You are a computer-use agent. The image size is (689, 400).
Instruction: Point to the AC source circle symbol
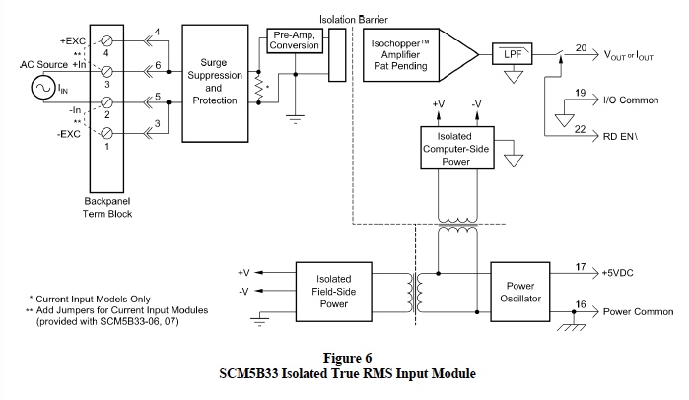[x=45, y=90]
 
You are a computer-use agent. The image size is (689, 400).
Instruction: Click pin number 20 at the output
[x=581, y=47]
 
